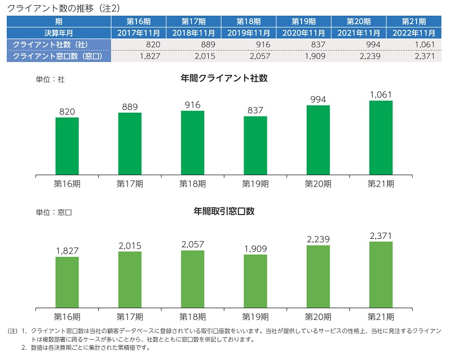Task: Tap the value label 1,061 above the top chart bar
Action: click(381, 95)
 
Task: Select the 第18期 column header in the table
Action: click(249, 21)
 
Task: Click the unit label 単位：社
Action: click(50, 80)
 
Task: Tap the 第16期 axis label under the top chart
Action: click(67, 184)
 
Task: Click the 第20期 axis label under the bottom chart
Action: click(319, 316)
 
